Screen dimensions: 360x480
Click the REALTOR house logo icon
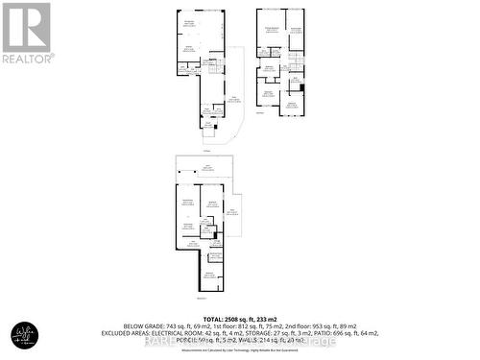(26, 27)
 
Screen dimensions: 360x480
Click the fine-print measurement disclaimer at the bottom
(240, 348)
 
